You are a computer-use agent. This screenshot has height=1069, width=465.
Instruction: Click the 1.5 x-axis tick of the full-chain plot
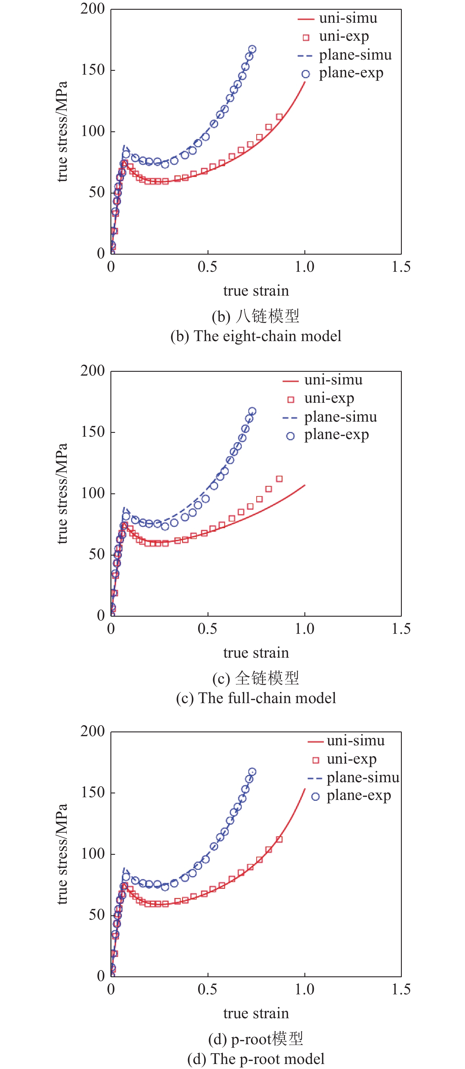(x=401, y=629)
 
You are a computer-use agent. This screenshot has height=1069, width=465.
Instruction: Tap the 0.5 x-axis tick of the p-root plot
(x=207, y=989)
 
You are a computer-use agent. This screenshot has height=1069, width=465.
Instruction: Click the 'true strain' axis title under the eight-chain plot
(x=256, y=291)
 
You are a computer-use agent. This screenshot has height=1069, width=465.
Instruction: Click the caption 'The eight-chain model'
(x=256, y=336)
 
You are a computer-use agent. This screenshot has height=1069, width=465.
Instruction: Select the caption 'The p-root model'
(x=256, y=1059)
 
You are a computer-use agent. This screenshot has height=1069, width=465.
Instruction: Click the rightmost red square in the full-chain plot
(x=279, y=479)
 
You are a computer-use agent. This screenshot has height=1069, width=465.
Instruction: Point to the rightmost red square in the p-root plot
(x=279, y=839)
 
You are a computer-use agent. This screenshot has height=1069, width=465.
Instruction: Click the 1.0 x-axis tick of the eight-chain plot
(x=304, y=267)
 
